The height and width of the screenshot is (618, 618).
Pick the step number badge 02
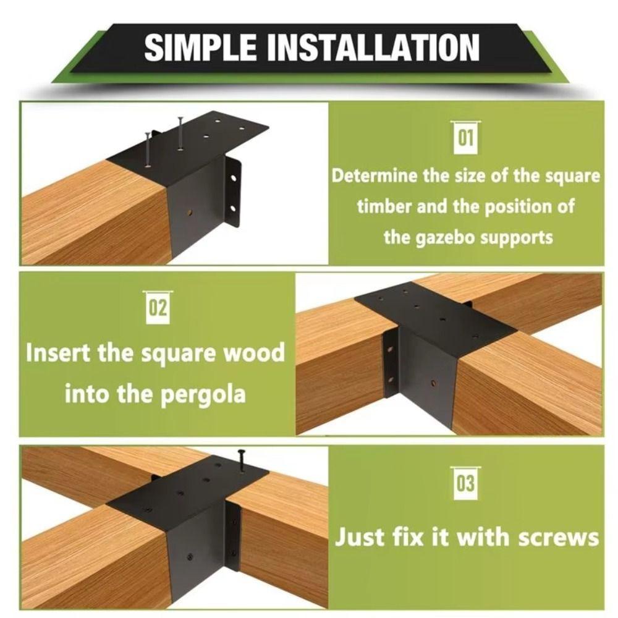coord(158,307)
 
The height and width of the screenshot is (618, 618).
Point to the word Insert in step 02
coord(61,353)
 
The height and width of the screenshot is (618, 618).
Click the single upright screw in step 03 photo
coord(240,460)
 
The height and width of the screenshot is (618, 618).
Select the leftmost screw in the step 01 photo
coord(148,149)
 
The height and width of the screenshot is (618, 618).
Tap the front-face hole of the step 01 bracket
coord(189,213)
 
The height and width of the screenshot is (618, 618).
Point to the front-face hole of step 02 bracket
coord(433,384)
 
